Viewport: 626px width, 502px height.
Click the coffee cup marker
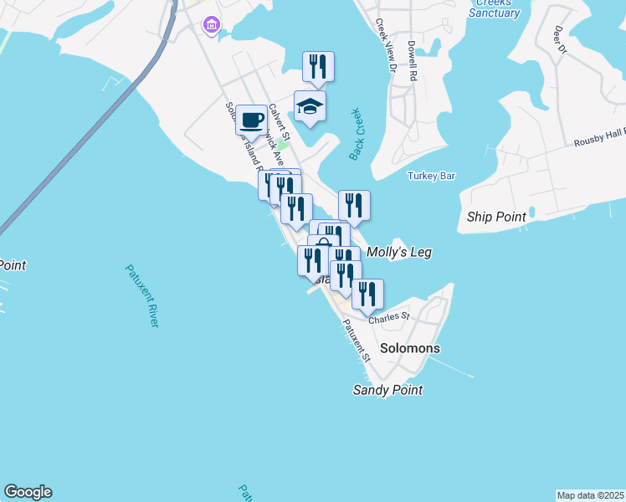click(x=251, y=120)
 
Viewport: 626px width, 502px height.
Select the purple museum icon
click(x=210, y=26)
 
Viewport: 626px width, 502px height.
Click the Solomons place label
click(x=409, y=348)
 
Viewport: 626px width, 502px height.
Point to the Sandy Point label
click(x=387, y=390)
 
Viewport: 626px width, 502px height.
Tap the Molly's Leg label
click(x=399, y=251)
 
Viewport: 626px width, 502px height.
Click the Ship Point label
click(x=496, y=217)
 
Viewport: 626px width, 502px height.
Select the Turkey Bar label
click(x=431, y=176)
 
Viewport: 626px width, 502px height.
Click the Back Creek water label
click(x=358, y=134)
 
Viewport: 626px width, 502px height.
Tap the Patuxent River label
click(x=142, y=295)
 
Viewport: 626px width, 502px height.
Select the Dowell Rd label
click(x=412, y=61)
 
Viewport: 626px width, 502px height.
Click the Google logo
click(x=28, y=492)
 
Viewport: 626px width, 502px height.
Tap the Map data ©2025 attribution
click(x=590, y=495)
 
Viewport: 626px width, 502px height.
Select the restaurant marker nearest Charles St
click(x=367, y=295)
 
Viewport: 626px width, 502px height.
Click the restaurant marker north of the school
click(x=318, y=67)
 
